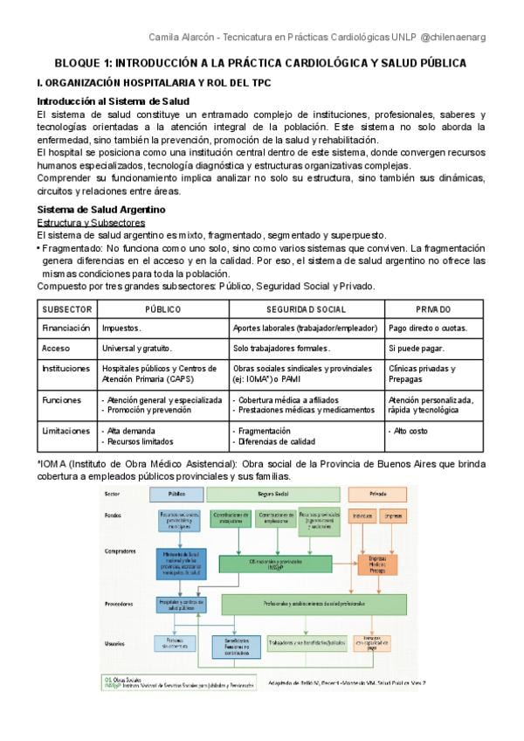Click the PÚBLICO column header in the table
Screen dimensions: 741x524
click(x=162, y=309)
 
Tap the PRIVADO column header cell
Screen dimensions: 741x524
click(x=433, y=309)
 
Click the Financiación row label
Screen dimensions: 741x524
click(x=66, y=329)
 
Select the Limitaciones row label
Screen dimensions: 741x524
click(x=66, y=431)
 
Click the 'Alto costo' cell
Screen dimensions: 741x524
click(x=411, y=431)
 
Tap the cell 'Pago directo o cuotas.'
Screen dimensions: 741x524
click(x=429, y=329)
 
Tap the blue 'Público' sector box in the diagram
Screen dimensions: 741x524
click(x=176, y=495)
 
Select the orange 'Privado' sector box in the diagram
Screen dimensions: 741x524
click(x=378, y=495)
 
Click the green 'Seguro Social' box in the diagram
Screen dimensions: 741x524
click(x=279, y=495)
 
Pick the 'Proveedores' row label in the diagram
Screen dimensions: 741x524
click(x=120, y=603)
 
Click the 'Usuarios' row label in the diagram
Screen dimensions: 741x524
click(x=114, y=642)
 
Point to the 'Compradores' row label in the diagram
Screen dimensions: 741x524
click(x=120, y=551)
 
